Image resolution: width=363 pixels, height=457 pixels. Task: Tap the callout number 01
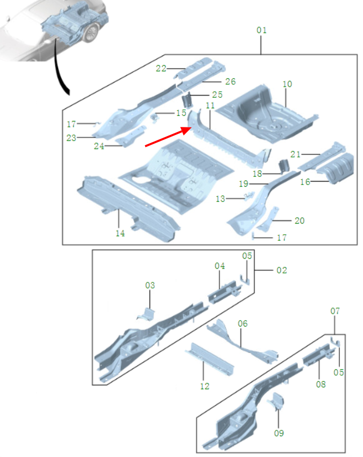coord(261,30)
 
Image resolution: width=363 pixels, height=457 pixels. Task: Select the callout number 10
coord(287,84)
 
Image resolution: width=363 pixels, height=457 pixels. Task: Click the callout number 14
coord(120,233)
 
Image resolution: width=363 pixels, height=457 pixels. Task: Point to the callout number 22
coord(161,69)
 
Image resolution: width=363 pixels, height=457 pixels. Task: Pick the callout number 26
coord(230,82)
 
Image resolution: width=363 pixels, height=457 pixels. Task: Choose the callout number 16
coord(305,182)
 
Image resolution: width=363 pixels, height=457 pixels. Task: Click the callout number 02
coord(281,270)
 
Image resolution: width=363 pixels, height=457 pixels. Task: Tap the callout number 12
coord(205,386)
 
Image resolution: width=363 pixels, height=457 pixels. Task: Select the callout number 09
coord(279,433)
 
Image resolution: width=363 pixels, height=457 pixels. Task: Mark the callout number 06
coord(242,324)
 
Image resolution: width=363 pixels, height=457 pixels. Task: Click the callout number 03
coord(150,285)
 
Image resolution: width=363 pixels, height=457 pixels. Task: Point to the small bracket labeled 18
coord(284,166)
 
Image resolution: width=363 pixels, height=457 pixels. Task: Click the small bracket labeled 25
coord(186,100)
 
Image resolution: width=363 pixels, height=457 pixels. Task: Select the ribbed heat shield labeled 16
coord(335,169)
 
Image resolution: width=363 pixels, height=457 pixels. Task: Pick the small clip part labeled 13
coord(249,196)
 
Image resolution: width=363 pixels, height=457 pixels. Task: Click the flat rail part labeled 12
coord(210,359)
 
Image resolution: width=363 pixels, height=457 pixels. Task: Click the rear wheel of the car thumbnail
coord(91,33)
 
